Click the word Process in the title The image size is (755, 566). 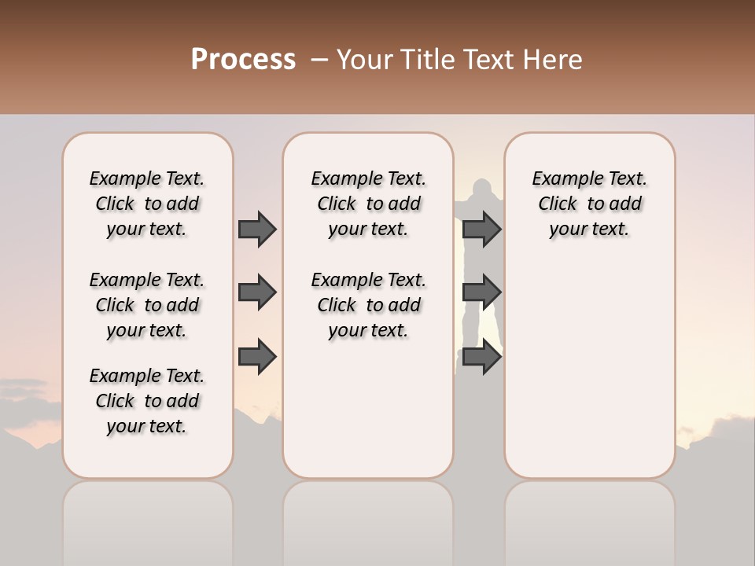[243, 60]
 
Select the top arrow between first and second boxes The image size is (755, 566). [257, 229]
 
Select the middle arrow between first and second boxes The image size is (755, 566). [257, 292]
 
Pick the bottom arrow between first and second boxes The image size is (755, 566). [257, 357]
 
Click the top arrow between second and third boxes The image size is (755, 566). [481, 229]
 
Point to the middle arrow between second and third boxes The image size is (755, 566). [481, 292]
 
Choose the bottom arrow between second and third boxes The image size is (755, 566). [481, 357]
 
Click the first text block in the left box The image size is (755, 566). [147, 204]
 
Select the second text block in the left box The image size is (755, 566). [147, 305]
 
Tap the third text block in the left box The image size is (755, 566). [147, 401]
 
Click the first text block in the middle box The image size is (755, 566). [368, 204]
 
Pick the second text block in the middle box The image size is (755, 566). [368, 305]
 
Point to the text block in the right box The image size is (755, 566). [589, 204]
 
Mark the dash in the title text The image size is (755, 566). [318, 60]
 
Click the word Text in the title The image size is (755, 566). [488, 60]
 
